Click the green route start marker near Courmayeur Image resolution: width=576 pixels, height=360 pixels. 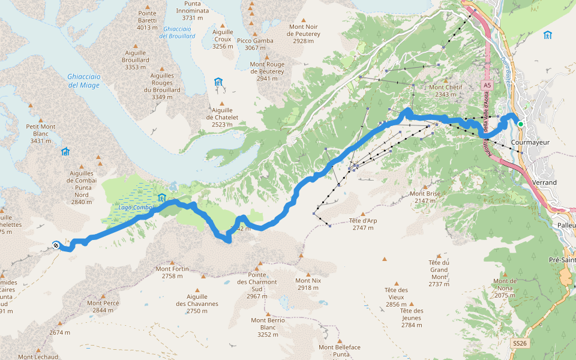click(x=521, y=124)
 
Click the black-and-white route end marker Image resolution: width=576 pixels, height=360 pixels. click(x=56, y=245)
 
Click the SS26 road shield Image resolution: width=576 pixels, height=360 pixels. click(x=520, y=344)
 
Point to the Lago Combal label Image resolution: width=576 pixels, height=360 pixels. click(x=135, y=208)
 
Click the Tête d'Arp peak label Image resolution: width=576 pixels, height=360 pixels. click(x=363, y=224)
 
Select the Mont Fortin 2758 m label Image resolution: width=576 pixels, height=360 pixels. click(x=172, y=272)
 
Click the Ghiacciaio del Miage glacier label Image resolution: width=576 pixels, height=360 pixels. click(x=83, y=80)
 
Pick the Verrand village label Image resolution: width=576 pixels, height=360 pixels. click(x=544, y=182)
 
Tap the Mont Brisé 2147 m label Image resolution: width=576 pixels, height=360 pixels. click(x=425, y=197)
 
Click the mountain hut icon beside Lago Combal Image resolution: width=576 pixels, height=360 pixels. click(x=161, y=198)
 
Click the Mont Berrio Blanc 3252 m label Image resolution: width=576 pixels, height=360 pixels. click(x=268, y=328)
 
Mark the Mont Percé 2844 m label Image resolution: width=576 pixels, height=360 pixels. click(x=104, y=307)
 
